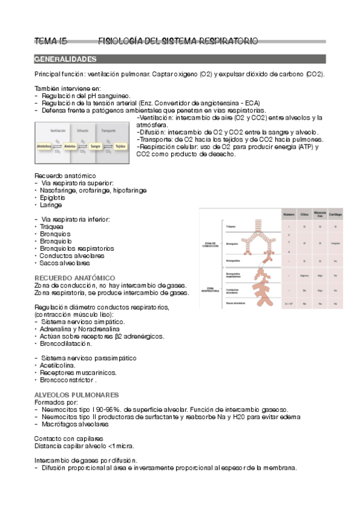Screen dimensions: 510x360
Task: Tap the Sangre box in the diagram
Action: pos(94,146)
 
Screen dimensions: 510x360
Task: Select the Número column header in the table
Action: pos(290,214)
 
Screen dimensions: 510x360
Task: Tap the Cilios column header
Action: pos(305,214)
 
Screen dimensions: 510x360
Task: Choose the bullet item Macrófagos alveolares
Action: pos(73,424)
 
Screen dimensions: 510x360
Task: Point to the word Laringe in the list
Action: pos(51,204)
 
